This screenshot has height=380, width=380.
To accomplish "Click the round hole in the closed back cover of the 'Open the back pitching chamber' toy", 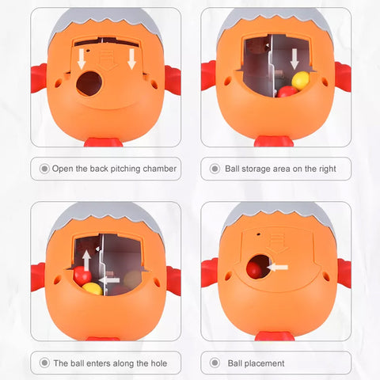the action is tap(89, 83).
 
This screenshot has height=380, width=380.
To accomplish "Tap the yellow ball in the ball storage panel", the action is tap(301, 80).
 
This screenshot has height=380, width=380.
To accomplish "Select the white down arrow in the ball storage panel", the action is tap(294, 59).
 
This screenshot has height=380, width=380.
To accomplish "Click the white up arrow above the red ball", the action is tap(86, 260).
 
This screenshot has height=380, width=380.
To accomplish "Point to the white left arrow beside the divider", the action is tap(109, 280).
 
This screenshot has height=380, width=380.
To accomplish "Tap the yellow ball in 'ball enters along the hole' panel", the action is tap(93, 289).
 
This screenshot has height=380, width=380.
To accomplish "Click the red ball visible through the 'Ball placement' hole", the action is tap(255, 268).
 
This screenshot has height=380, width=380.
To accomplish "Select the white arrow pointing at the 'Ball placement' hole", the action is tap(277, 268).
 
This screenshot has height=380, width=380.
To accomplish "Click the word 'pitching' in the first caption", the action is tap(125, 169).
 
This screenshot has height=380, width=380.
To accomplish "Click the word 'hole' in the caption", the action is tap(159, 363).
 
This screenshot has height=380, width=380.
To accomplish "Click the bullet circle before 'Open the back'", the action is tap(44, 169).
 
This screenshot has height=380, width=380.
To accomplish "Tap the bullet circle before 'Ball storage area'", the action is tap(215, 169).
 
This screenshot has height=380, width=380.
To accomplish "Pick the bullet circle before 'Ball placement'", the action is tap(215, 363).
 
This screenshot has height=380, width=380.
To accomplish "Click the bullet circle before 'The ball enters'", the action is tap(44, 363).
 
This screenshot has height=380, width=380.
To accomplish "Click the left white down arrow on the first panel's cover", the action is tap(82, 59).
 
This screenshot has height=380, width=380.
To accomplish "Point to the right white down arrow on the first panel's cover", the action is tap(131, 59).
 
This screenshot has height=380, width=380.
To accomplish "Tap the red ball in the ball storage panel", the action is tap(287, 92).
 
